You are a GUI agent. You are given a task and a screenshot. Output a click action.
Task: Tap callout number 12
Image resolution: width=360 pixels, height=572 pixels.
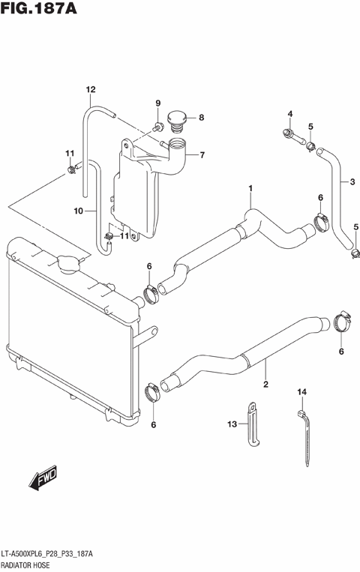click(x=91, y=91)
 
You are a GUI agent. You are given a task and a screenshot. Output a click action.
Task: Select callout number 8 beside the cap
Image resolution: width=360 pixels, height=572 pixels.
click(x=202, y=117)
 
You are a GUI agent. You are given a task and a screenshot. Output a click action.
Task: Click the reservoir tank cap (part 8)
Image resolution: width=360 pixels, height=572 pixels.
click(x=177, y=118)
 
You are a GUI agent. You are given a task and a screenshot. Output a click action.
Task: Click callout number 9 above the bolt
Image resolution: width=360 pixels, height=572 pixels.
click(x=158, y=103)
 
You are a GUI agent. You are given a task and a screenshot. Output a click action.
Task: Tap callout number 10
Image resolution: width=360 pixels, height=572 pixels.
click(x=79, y=211)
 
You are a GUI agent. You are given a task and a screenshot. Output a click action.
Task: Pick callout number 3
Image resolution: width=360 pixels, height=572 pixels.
click(x=350, y=181)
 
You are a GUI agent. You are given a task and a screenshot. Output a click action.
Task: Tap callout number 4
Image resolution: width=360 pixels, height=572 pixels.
click(x=289, y=114)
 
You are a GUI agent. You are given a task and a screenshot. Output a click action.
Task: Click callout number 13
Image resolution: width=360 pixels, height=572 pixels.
click(x=232, y=424)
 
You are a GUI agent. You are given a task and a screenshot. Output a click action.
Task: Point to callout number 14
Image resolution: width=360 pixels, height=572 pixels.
click(x=303, y=392)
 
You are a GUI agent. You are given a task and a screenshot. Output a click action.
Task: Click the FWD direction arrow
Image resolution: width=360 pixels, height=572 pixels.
click(x=45, y=478)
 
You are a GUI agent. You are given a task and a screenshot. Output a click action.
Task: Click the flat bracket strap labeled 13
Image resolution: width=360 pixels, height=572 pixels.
click(x=252, y=426)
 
